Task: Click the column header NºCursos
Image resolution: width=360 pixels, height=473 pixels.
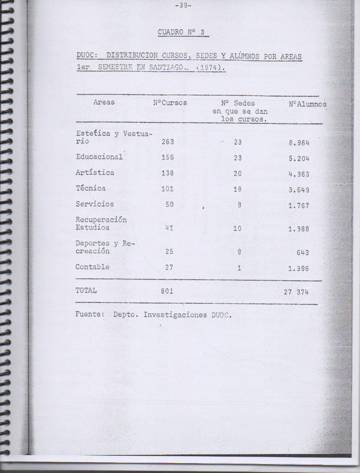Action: [170, 103]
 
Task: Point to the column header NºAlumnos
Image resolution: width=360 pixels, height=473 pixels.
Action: [307, 104]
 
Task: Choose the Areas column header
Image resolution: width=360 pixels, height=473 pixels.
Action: [104, 102]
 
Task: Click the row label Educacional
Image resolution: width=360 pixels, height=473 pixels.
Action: [99, 157]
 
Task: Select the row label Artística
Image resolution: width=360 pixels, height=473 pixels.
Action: [95, 173]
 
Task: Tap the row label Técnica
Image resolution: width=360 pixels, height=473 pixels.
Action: [91, 188]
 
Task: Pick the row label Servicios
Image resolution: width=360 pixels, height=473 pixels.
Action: [95, 204]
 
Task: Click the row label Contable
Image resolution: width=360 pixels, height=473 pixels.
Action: [92, 267]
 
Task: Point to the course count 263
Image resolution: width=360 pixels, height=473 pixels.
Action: [167, 142]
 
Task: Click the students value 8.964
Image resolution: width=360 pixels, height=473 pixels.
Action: [298, 142]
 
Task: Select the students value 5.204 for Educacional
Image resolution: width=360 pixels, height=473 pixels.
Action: [298, 158]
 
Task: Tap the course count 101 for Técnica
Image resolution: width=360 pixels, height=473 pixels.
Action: [167, 189]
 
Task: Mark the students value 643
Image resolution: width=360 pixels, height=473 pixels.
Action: [303, 253]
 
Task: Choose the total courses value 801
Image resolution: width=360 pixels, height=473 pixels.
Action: [167, 291]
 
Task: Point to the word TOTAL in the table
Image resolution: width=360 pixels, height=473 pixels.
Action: [86, 291]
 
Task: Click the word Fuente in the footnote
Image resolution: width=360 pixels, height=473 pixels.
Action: [89, 315]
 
